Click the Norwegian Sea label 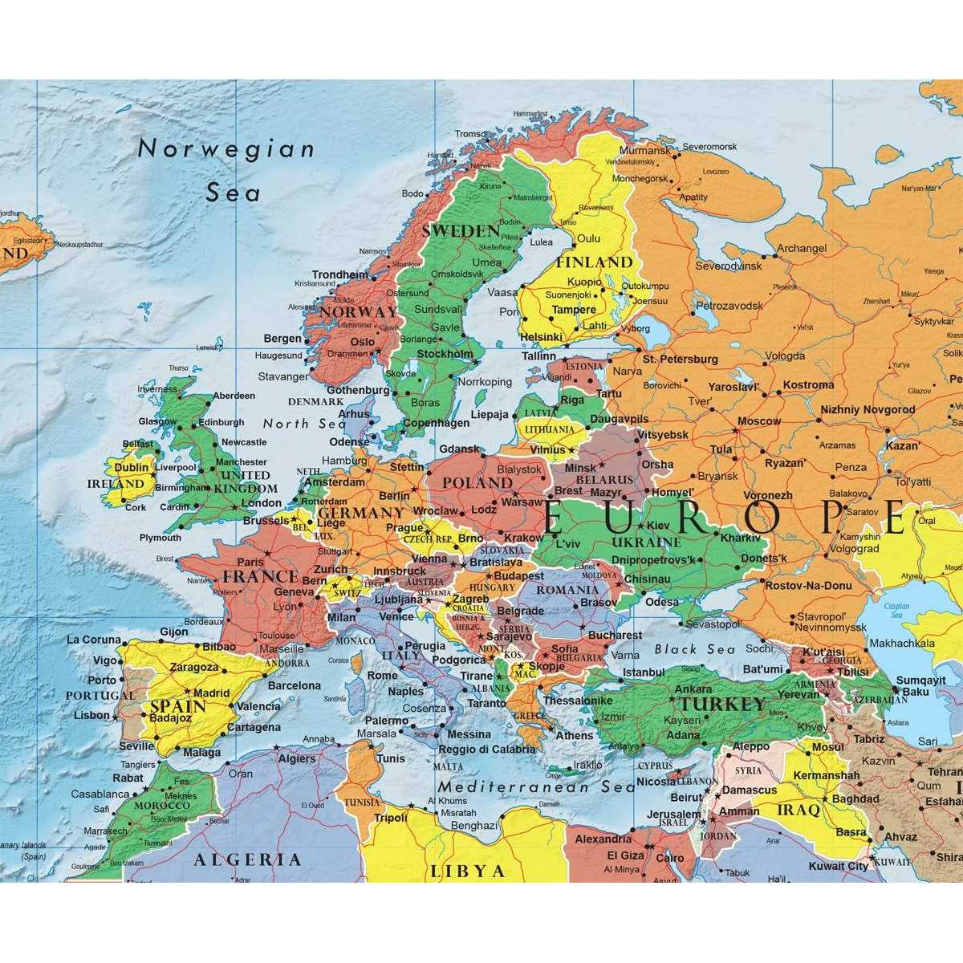pos(227,170)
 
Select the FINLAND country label pos(595,262)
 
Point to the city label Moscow pos(758,421)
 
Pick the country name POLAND pos(477,483)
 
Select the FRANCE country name pos(260,576)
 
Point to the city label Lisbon pos(91,715)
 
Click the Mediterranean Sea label pos(536,787)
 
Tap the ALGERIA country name pos(248,859)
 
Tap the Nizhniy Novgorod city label pos(868,409)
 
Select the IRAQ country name pos(798,810)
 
